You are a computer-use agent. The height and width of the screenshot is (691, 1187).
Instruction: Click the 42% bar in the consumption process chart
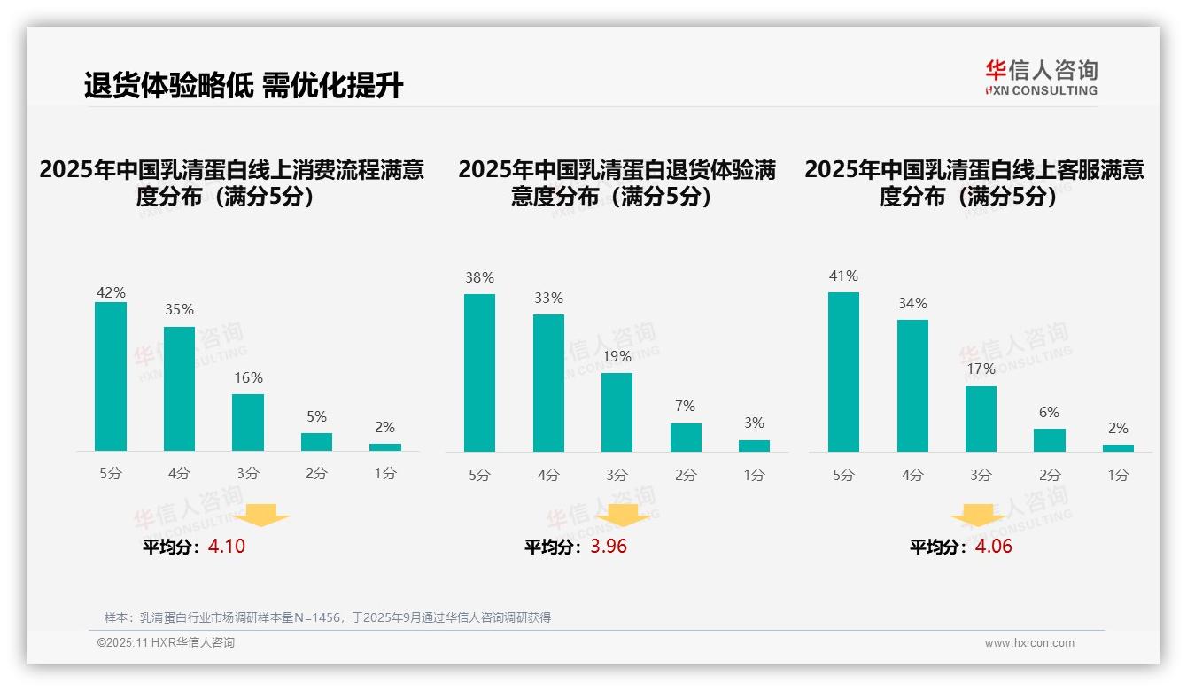(x=111, y=377)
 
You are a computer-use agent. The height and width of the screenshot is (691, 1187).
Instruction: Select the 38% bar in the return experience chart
(x=479, y=372)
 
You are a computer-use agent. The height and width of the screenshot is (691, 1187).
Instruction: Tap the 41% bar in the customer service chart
(x=843, y=372)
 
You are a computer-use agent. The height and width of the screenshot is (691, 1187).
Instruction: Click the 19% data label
(x=617, y=357)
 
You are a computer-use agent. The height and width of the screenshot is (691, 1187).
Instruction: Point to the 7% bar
(x=686, y=438)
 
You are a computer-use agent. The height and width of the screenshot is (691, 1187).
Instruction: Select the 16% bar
(x=248, y=423)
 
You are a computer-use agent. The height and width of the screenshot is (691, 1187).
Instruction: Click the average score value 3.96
(x=609, y=547)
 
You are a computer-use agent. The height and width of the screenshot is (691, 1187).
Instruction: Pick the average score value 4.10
(x=227, y=547)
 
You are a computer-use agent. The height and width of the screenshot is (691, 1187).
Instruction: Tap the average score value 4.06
(x=993, y=547)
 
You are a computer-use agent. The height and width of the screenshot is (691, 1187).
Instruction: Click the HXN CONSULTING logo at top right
(x=1041, y=78)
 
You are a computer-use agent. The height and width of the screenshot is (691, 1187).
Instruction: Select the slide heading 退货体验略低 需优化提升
(x=244, y=86)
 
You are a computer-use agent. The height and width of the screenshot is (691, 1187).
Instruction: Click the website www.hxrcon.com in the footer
(x=1029, y=643)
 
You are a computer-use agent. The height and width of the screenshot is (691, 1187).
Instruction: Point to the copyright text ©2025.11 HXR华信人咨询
(x=166, y=643)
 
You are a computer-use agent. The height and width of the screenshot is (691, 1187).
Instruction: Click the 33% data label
(x=548, y=299)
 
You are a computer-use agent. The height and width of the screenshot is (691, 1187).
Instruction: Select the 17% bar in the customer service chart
(x=981, y=419)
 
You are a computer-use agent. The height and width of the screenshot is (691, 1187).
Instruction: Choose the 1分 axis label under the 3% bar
(x=754, y=475)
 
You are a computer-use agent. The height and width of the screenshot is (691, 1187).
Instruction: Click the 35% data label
(x=179, y=310)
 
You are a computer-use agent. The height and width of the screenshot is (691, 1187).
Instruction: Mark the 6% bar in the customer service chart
(x=1050, y=440)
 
